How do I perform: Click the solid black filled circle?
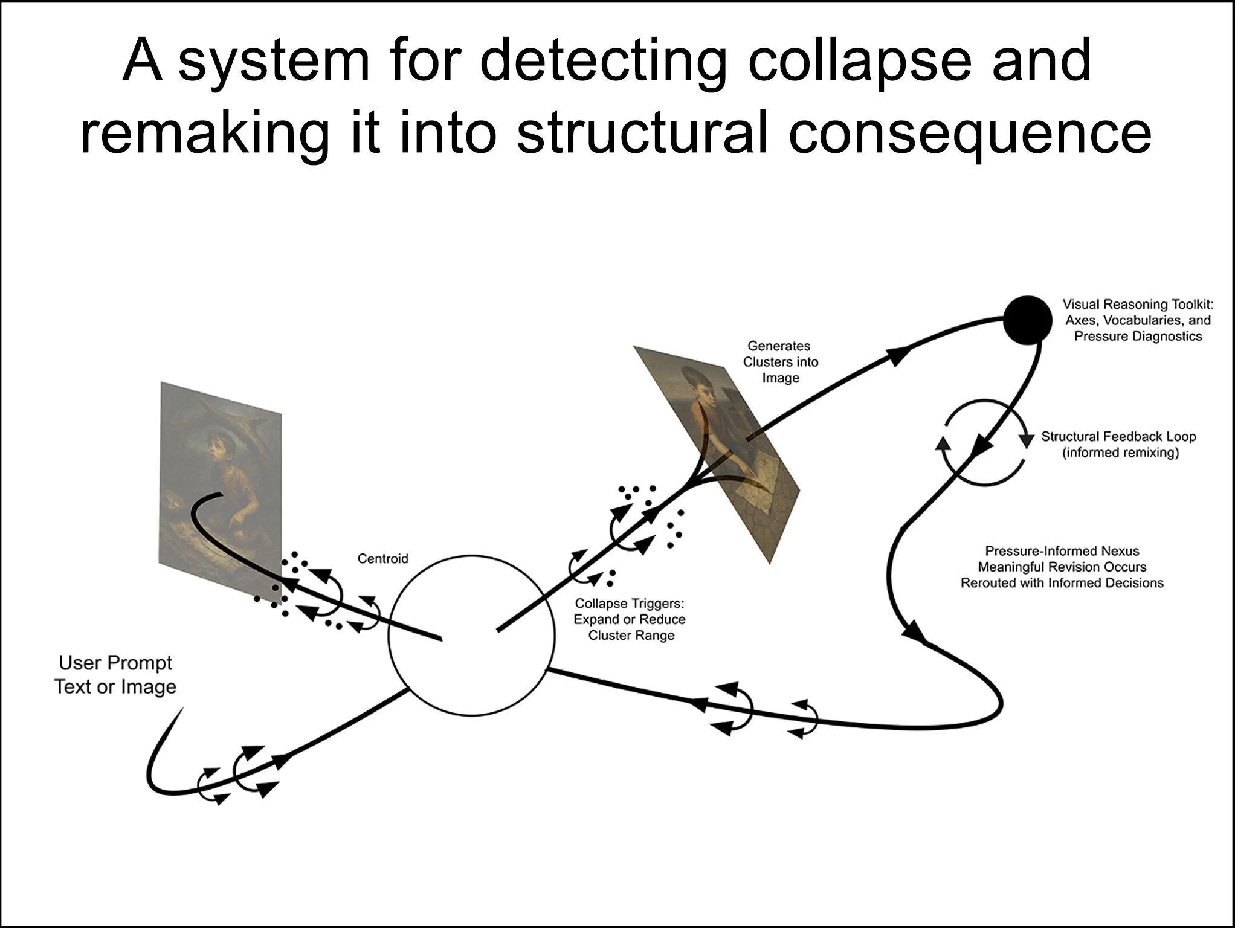1027,320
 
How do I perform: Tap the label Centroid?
382,558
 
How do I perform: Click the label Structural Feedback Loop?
1118,436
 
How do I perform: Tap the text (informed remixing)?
1120,453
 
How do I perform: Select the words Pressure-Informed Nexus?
1062,551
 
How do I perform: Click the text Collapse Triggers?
629,603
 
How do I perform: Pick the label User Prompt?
115,663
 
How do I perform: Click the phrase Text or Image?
115,687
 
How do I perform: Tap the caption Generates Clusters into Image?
780,362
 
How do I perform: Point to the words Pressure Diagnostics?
1138,337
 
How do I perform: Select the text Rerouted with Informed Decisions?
1062,583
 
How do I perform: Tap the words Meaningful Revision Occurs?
1062,567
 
